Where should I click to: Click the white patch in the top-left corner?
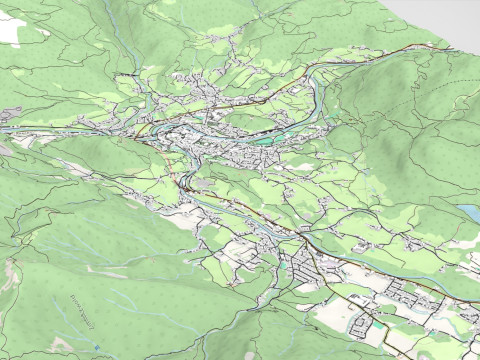click(10, 30)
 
